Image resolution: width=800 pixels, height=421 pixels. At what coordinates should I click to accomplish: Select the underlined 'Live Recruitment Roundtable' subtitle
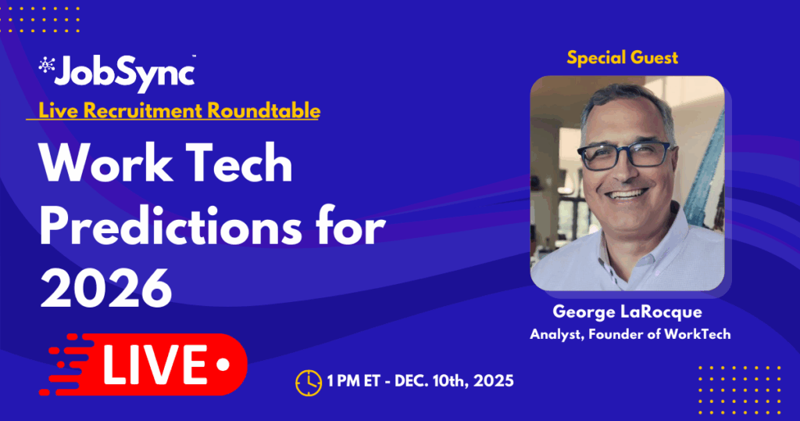tap(173, 111)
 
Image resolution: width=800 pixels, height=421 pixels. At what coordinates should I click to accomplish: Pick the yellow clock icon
tap(308, 382)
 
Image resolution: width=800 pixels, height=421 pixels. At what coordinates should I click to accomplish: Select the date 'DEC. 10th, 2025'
tap(455, 382)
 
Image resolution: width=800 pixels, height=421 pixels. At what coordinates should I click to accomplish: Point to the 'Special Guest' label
tap(622, 57)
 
